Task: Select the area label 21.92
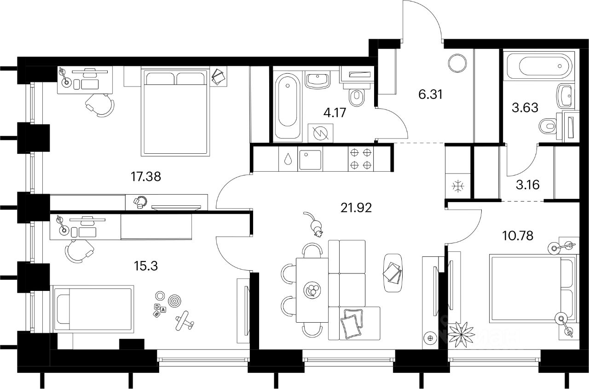[356, 208]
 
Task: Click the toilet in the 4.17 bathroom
[357, 97]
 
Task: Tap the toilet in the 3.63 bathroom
[547, 125]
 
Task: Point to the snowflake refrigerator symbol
[458, 186]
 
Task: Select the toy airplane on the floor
[182, 320]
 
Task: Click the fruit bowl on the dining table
[312, 290]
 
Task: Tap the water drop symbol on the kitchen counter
[288, 159]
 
